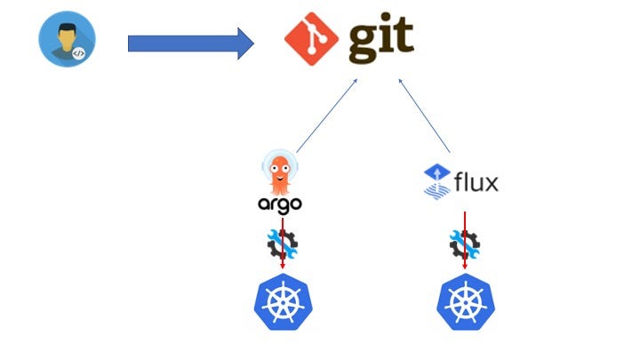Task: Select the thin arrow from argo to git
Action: click(326, 116)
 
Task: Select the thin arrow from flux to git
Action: click(425, 116)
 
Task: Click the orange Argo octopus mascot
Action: click(280, 171)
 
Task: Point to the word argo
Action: click(280, 204)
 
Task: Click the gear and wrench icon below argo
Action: click(282, 243)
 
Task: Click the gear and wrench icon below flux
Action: click(465, 243)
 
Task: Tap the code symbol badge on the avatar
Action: click(79, 52)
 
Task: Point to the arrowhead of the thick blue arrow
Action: click(245, 43)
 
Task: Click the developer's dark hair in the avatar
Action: click(64, 24)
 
